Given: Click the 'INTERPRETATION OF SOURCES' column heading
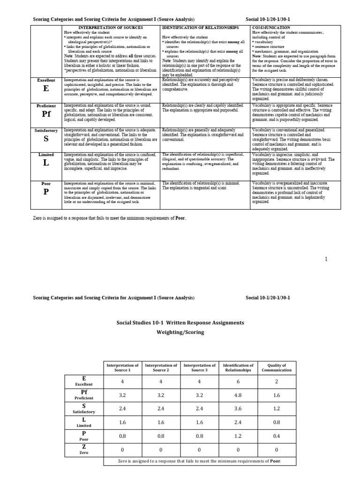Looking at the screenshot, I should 110,27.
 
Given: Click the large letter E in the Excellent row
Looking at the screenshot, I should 45,89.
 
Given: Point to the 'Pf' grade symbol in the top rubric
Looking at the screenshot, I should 45,114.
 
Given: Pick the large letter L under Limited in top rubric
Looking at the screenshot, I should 45,163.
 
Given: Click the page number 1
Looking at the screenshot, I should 326,259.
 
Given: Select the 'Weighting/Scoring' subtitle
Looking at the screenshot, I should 180,332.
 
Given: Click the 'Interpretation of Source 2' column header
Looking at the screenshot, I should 161,367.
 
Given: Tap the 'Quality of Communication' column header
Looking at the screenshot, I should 277,367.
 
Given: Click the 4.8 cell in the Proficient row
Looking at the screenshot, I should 238,395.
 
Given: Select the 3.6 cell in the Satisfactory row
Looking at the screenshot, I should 238,408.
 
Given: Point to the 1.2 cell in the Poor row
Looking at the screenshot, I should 238,436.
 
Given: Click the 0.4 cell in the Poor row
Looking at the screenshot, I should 277,436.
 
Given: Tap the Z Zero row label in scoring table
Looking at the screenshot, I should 84,450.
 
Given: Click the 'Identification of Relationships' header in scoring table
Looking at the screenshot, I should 238,367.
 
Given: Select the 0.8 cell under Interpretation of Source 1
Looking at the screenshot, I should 122,436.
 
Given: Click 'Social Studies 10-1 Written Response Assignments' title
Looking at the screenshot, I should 180,322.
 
